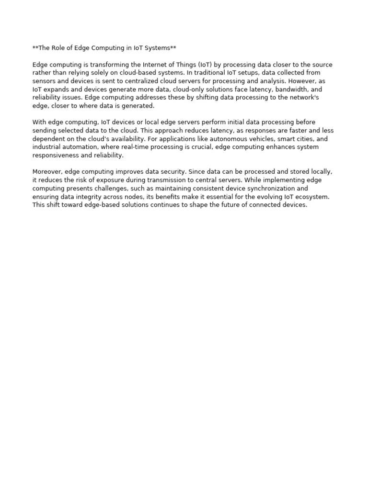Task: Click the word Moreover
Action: pyautogui.click(x=47, y=172)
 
